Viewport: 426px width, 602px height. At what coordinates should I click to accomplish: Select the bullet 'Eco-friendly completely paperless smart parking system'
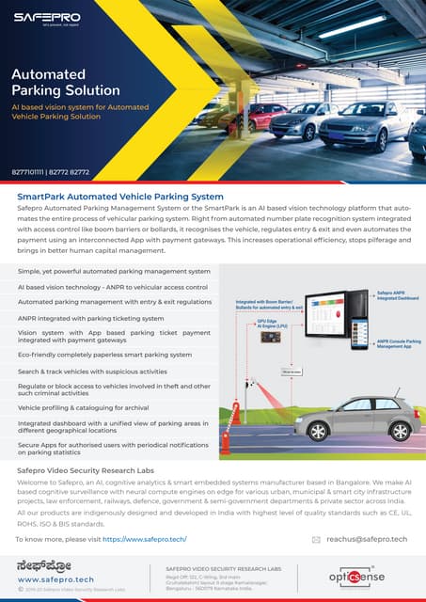(x=104, y=355)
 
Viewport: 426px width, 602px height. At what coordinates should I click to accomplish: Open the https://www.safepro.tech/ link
(x=145, y=539)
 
